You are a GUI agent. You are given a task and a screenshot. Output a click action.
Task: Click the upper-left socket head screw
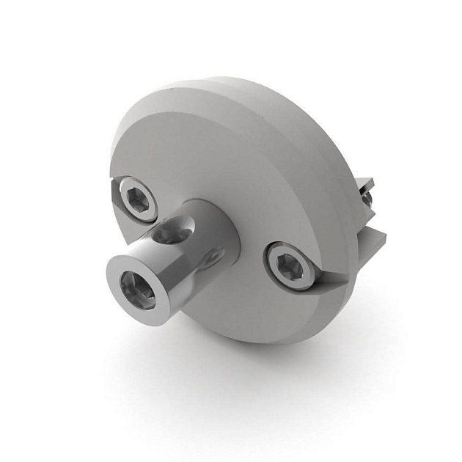tap(139, 198)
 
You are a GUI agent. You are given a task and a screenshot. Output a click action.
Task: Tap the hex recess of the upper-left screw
tap(139, 198)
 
